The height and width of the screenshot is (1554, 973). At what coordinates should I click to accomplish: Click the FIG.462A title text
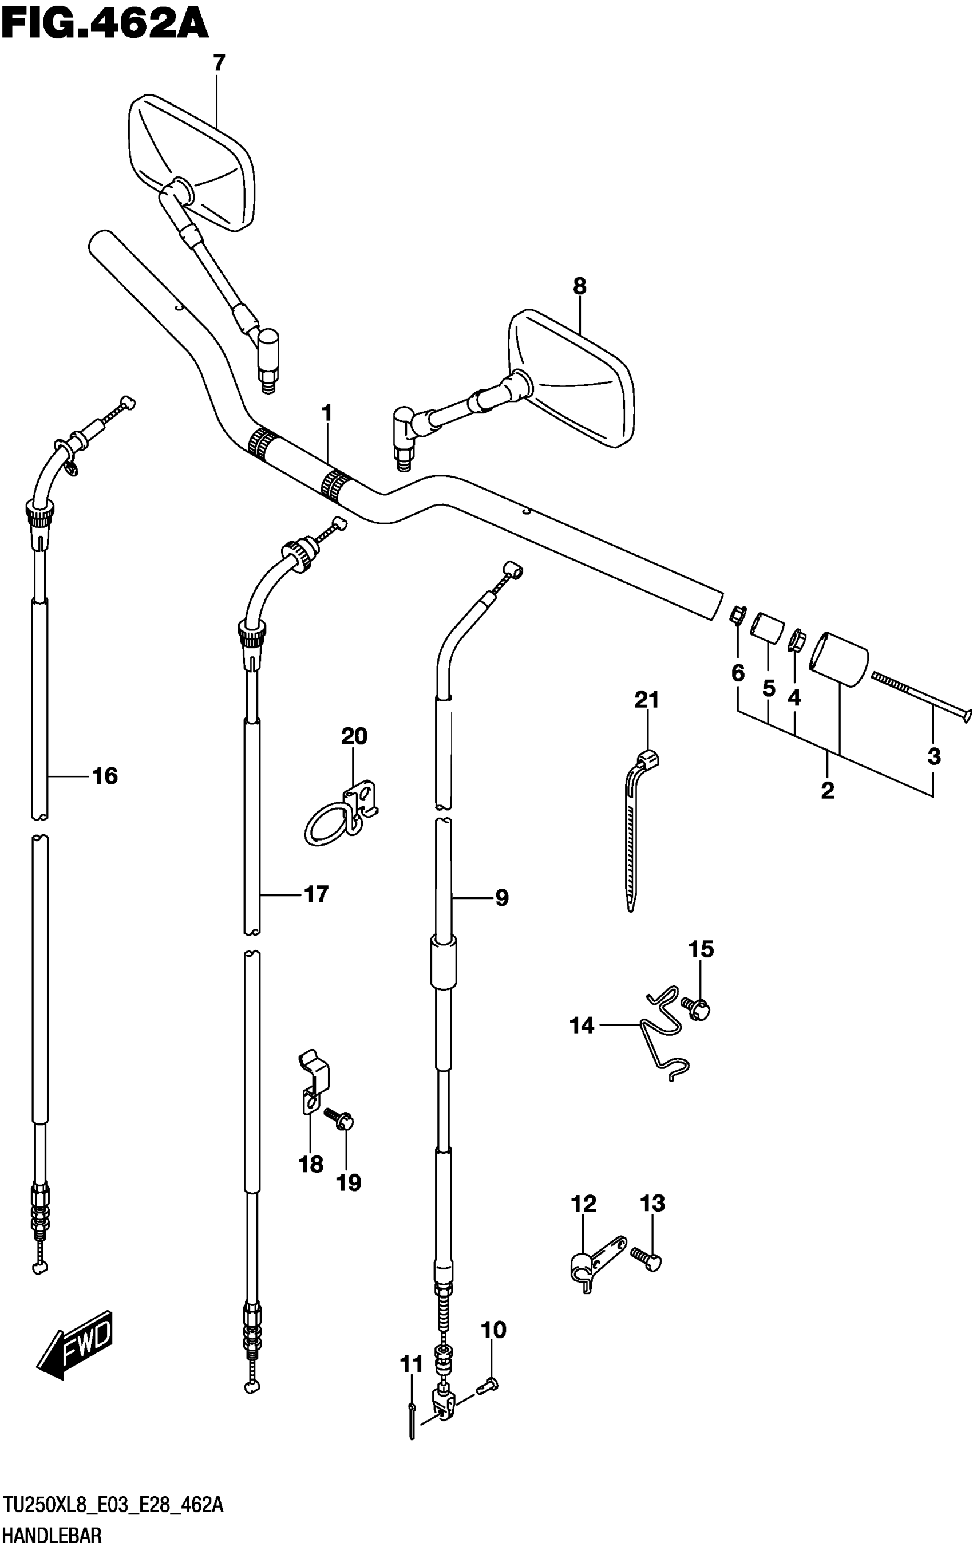pyautogui.click(x=105, y=24)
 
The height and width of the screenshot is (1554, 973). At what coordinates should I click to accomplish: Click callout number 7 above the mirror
pyautogui.click(x=219, y=63)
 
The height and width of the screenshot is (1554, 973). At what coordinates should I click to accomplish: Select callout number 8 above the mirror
pyautogui.click(x=579, y=286)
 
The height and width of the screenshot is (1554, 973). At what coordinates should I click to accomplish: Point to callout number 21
pyautogui.click(x=646, y=700)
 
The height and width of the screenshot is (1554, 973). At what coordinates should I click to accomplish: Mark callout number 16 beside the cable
pyautogui.click(x=105, y=776)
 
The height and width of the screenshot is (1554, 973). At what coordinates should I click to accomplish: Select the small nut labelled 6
pyautogui.click(x=737, y=615)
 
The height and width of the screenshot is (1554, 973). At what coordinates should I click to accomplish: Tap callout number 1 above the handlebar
pyautogui.click(x=327, y=413)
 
